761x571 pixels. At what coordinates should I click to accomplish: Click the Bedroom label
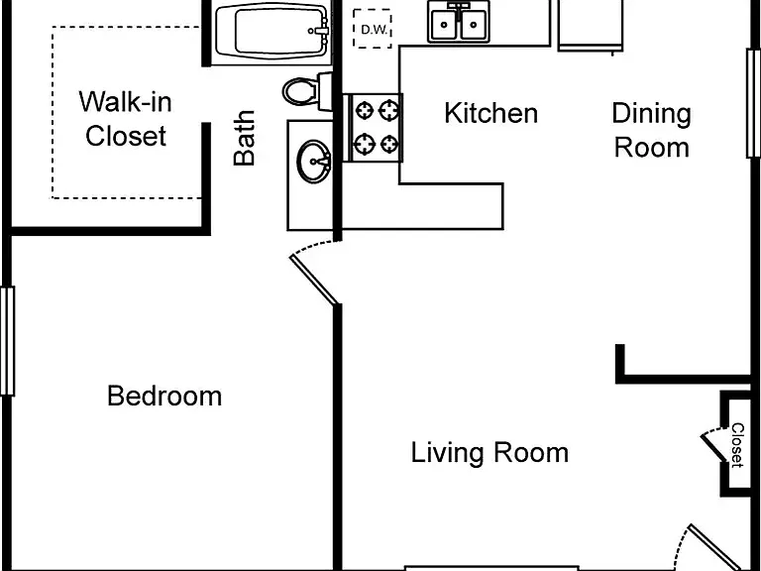164,397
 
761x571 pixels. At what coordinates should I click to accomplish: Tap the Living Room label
489,452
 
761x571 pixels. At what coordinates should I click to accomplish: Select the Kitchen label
491,113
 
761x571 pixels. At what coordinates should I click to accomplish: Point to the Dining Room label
651,130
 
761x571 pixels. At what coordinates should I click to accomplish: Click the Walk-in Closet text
126,119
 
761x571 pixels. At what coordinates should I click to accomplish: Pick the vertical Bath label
244,139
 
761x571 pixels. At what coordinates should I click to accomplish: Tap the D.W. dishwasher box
373,29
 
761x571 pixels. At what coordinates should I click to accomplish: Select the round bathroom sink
314,162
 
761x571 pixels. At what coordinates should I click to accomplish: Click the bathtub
272,32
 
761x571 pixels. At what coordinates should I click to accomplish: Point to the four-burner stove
373,128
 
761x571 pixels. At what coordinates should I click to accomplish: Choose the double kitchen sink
459,22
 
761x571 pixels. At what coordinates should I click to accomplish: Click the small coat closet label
737,445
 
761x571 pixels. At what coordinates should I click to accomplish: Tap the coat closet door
712,448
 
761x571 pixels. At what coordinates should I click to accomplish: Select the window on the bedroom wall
7,341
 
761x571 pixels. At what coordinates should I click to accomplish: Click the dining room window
753,103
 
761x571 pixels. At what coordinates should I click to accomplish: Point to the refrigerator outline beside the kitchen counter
591,25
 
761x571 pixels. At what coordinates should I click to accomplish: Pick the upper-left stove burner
364,111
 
